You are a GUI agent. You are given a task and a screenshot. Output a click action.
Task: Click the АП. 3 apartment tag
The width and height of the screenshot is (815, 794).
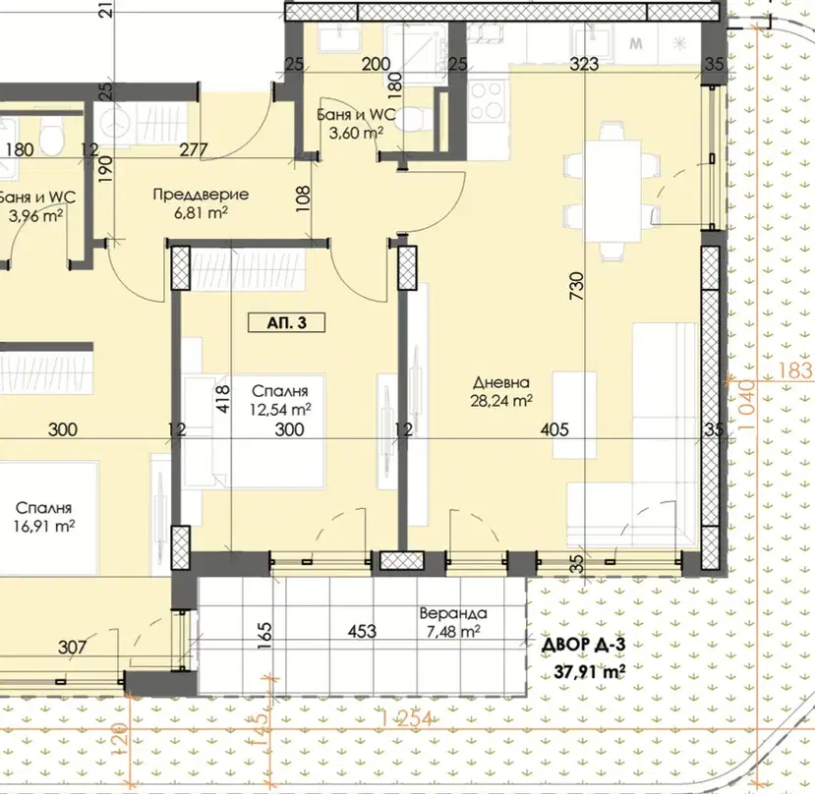[x=287, y=322]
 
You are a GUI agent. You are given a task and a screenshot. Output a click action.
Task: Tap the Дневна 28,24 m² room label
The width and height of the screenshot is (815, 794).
[x=501, y=392]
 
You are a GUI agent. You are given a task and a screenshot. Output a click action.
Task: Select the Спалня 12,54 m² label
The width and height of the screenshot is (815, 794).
[x=280, y=401]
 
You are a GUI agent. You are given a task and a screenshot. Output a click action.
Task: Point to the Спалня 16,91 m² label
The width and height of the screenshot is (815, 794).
[x=44, y=517]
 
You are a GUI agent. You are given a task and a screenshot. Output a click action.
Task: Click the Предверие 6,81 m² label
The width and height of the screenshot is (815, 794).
[x=202, y=203]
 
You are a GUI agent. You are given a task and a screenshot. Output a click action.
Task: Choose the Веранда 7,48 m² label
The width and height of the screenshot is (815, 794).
[x=453, y=622]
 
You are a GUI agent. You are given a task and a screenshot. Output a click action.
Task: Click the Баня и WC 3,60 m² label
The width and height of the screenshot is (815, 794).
[x=357, y=124]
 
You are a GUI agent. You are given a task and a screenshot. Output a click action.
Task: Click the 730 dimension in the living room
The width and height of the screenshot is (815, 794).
[x=577, y=286]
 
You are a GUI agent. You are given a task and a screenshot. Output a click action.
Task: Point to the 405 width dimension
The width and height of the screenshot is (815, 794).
[x=554, y=429]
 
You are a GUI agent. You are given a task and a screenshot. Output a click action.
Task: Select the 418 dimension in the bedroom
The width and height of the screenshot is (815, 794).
[x=222, y=399]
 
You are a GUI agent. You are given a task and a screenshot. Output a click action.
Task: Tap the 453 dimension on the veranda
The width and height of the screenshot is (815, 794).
[x=363, y=631]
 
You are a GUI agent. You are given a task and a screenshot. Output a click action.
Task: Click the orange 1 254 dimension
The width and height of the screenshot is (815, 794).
[x=406, y=719]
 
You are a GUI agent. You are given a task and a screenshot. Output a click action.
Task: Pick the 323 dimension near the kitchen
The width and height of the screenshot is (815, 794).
[x=584, y=65]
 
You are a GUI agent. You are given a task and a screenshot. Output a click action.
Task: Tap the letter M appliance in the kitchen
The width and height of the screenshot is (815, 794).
[x=636, y=43]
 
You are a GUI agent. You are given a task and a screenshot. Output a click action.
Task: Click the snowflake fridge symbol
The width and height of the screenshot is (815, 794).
[x=679, y=43]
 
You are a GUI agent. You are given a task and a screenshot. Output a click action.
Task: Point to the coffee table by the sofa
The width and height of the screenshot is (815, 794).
[x=574, y=416]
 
